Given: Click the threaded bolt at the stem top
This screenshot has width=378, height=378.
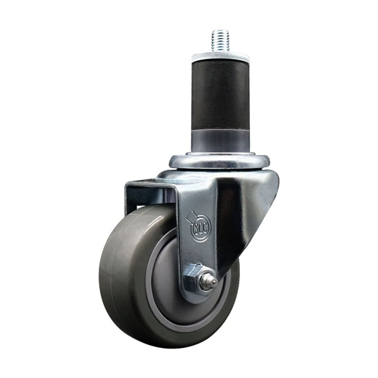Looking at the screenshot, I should coord(220,40).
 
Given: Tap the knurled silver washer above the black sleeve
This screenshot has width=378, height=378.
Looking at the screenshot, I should coord(220,58).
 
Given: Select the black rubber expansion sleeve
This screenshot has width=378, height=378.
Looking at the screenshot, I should coord(220,94).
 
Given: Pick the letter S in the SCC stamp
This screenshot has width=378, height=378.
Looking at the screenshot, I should coord(195,228).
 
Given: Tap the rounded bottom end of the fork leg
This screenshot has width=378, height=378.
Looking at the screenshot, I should coord(197,299).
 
